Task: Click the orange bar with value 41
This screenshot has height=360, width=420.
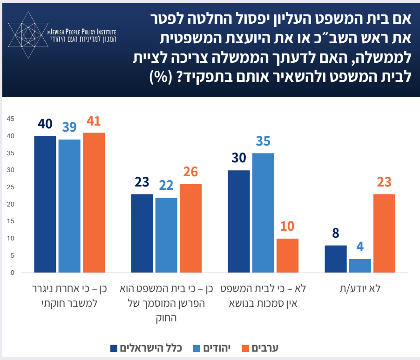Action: point(94,202)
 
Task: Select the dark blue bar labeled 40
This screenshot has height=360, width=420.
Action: point(45,204)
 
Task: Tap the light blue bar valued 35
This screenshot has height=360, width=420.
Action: point(263,213)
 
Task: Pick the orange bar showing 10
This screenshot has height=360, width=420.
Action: point(287,255)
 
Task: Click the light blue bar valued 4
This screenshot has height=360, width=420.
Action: point(360,266)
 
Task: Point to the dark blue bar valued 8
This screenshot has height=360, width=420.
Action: point(336,259)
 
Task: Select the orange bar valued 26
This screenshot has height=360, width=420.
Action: point(190,228)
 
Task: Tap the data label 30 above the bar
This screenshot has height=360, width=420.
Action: point(239,159)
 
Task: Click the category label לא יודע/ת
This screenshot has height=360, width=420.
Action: point(360,288)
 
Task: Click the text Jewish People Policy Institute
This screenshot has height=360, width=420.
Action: point(81,32)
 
